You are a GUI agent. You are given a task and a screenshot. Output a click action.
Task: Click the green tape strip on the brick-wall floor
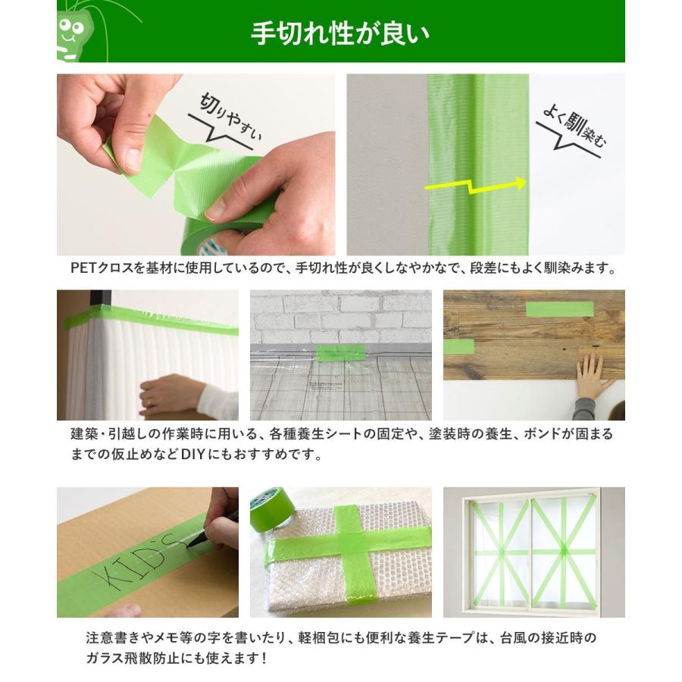point(340,354)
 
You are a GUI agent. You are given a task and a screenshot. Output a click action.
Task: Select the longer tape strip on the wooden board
point(559,309)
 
